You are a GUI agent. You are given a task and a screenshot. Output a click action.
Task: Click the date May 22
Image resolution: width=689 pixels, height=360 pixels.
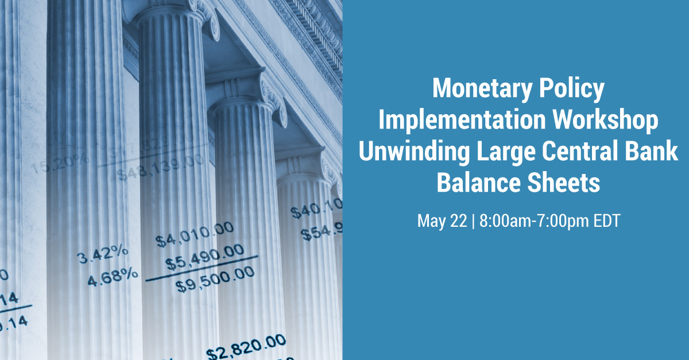click(442, 222)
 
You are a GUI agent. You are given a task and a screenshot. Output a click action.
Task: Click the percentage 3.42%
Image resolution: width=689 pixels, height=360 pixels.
click(103, 256)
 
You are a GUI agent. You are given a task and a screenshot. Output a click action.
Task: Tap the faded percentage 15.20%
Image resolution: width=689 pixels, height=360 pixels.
click(60, 164)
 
